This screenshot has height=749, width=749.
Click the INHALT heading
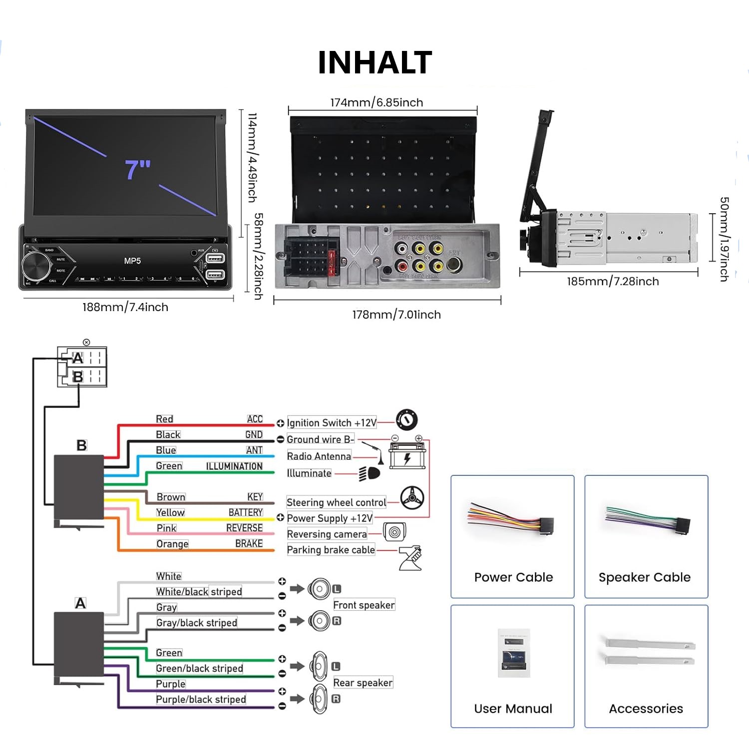tap(374, 63)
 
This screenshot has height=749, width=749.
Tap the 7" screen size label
tap(138, 169)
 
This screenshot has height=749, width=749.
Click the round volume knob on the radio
tap(36, 265)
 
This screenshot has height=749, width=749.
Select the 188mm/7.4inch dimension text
tap(125, 307)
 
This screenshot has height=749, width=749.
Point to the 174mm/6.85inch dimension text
tap(376, 102)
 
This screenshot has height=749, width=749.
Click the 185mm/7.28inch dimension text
tap(613, 281)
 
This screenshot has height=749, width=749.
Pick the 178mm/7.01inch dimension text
tap(396, 315)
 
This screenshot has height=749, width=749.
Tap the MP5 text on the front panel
tap(132, 261)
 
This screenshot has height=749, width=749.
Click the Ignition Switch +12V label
tap(332, 423)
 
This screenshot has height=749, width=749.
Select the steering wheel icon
tap(412, 498)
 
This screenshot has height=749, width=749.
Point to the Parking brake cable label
tap(331, 550)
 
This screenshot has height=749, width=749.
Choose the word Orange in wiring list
tap(172, 544)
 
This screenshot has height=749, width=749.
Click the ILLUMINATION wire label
tap(234, 466)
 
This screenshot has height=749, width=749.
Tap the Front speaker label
tap(364, 605)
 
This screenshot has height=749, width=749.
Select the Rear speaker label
tap(363, 683)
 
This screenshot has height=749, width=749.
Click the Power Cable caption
tap(513, 577)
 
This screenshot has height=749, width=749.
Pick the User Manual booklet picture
tap(513, 654)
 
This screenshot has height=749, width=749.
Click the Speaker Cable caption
tap(645, 577)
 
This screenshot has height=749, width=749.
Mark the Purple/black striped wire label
tap(201, 700)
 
